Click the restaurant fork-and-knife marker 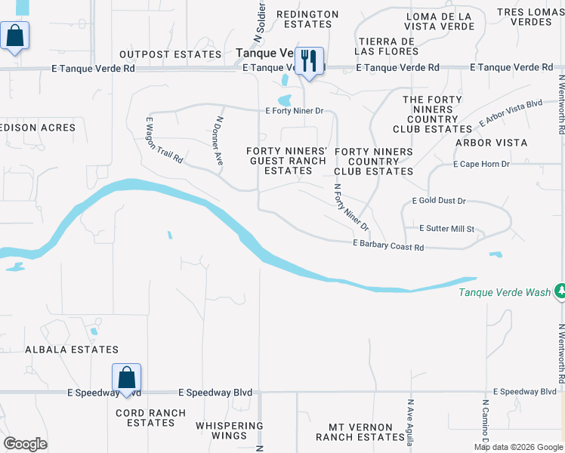(308, 60)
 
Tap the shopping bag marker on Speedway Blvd (127, 377)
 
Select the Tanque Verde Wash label (505, 292)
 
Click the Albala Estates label (72, 350)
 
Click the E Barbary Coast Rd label (388, 246)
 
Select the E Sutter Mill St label (446, 229)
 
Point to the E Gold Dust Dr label (439, 202)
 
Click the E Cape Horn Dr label (481, 164)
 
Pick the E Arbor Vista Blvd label (511, 112)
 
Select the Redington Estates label (307, 19)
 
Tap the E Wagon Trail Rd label (164, 140)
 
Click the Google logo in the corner (26, 444)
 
